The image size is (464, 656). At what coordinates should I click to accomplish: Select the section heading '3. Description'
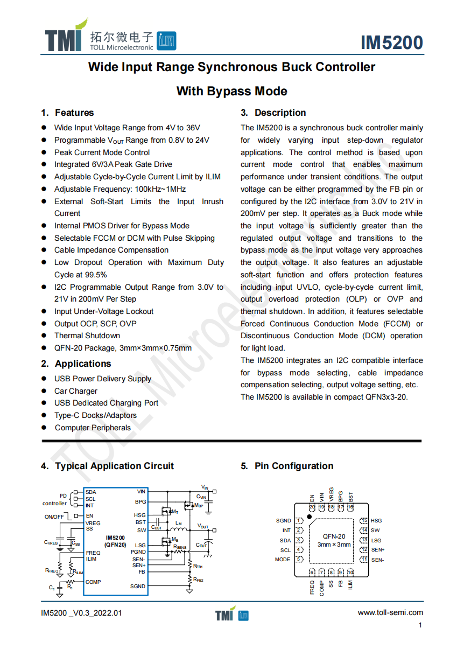point(273,113)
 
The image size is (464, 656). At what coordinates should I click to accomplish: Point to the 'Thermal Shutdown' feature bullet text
point(87,336)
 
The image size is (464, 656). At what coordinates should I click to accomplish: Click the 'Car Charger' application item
point(76,391)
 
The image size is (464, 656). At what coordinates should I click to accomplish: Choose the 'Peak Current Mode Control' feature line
point(102,152)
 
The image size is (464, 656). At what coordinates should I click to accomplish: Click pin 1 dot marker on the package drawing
point(309,517)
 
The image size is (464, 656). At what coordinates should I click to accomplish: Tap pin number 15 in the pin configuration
point(364,520)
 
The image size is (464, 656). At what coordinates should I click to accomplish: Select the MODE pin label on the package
point(283,560)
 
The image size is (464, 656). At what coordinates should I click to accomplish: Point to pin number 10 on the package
point(350,573)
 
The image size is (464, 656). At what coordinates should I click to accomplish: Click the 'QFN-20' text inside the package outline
point(334,536)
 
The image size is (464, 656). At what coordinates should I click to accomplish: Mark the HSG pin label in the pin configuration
point(376,521)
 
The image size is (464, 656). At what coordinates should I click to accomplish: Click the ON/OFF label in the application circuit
point(54,517)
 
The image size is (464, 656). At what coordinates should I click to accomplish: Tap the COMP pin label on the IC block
point(93,582)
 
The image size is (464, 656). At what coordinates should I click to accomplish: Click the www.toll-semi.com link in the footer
point(390,612)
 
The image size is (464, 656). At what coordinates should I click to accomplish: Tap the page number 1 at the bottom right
point(420,625)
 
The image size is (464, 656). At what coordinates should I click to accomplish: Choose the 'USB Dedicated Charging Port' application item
point(107,403)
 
